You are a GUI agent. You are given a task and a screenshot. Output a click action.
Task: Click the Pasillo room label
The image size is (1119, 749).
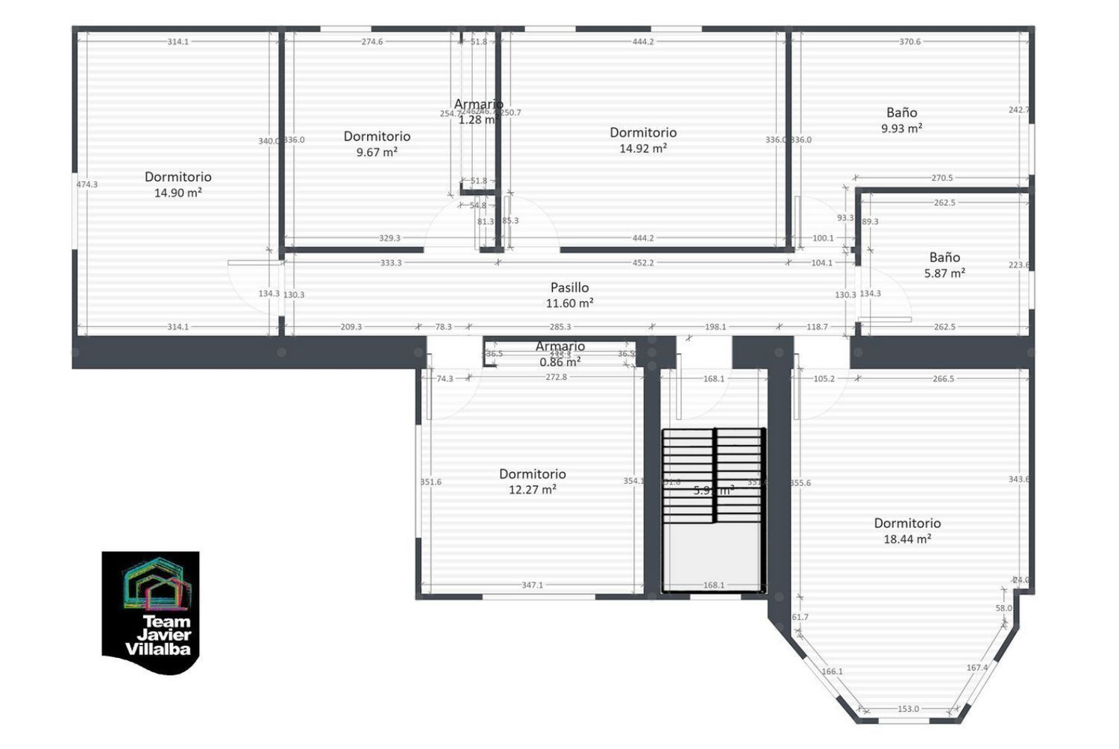tap(569, 288)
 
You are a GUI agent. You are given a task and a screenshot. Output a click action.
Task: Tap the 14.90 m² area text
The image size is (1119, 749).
tap(178, 193)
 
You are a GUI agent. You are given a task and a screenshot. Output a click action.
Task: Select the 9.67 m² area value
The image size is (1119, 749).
tap(377, 152)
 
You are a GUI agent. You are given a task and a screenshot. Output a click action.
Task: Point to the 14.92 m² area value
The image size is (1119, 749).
tap(643, 149)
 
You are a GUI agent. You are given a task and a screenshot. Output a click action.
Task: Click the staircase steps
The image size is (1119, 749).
tap(714, 475)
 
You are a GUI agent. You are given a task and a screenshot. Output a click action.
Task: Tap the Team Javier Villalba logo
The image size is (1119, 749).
tap(151, 612)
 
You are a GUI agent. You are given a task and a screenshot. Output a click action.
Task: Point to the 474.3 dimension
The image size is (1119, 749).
tap(87, 184)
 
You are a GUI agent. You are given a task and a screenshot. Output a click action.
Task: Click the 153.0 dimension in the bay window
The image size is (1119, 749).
tap(908, 709)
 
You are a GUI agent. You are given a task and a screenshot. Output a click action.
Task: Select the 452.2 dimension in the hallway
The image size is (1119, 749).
tap(643, 263)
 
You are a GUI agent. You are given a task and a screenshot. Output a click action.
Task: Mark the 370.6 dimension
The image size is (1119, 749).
tap(910, 42)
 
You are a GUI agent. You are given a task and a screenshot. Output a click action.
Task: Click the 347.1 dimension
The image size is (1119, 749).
tap(532, 585)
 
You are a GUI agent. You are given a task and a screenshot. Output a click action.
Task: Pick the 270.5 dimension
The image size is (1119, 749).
tap(942, 178)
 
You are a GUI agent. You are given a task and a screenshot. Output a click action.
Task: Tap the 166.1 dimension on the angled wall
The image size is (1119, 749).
tap(832, 671)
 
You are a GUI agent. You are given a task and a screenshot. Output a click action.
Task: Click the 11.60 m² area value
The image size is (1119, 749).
tap(569, 303)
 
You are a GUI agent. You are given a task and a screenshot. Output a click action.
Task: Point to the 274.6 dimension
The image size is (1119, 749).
tap(372, 42)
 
